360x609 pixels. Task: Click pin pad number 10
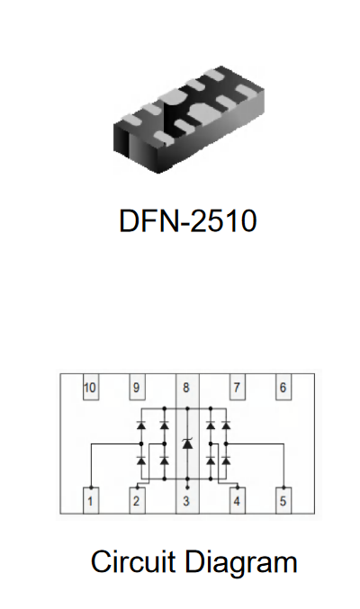pyautogui.click(x=91, y=387)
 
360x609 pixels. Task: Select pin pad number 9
pyautogui.click(x=137, y=387)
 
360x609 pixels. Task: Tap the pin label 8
pyautogui.click(x=186, y=387)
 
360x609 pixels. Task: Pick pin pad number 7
pyautogui.click(x=237, y=387)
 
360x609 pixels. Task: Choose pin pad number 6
pyautogui.click(x=283, y=387)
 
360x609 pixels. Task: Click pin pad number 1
pyautogui.click(x=91, y=501)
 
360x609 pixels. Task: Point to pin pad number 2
pyautogui.click(x=137, y=501)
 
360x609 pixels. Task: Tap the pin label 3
pyautogui.click(x=186, y=501)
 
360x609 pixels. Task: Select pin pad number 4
pyautogui.click(x=237, y=501)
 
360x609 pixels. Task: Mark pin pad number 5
pyautogui.click(x=283, y=501)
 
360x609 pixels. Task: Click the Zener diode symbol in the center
pyautogui.click(x=187, y=443)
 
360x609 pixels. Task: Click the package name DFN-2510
pyautogui.click(x=188, y=220)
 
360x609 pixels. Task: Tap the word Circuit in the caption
pyautogui.click(x=132, y=561)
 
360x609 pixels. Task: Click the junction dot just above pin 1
pyautogui.click(x=91, y=488)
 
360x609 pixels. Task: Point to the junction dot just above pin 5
pyautogui.click(x=283, y=488)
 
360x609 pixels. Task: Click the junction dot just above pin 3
pyautogui.click(x=187, y=487)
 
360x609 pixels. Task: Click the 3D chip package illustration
pyautogui.click(x=189, y=119)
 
